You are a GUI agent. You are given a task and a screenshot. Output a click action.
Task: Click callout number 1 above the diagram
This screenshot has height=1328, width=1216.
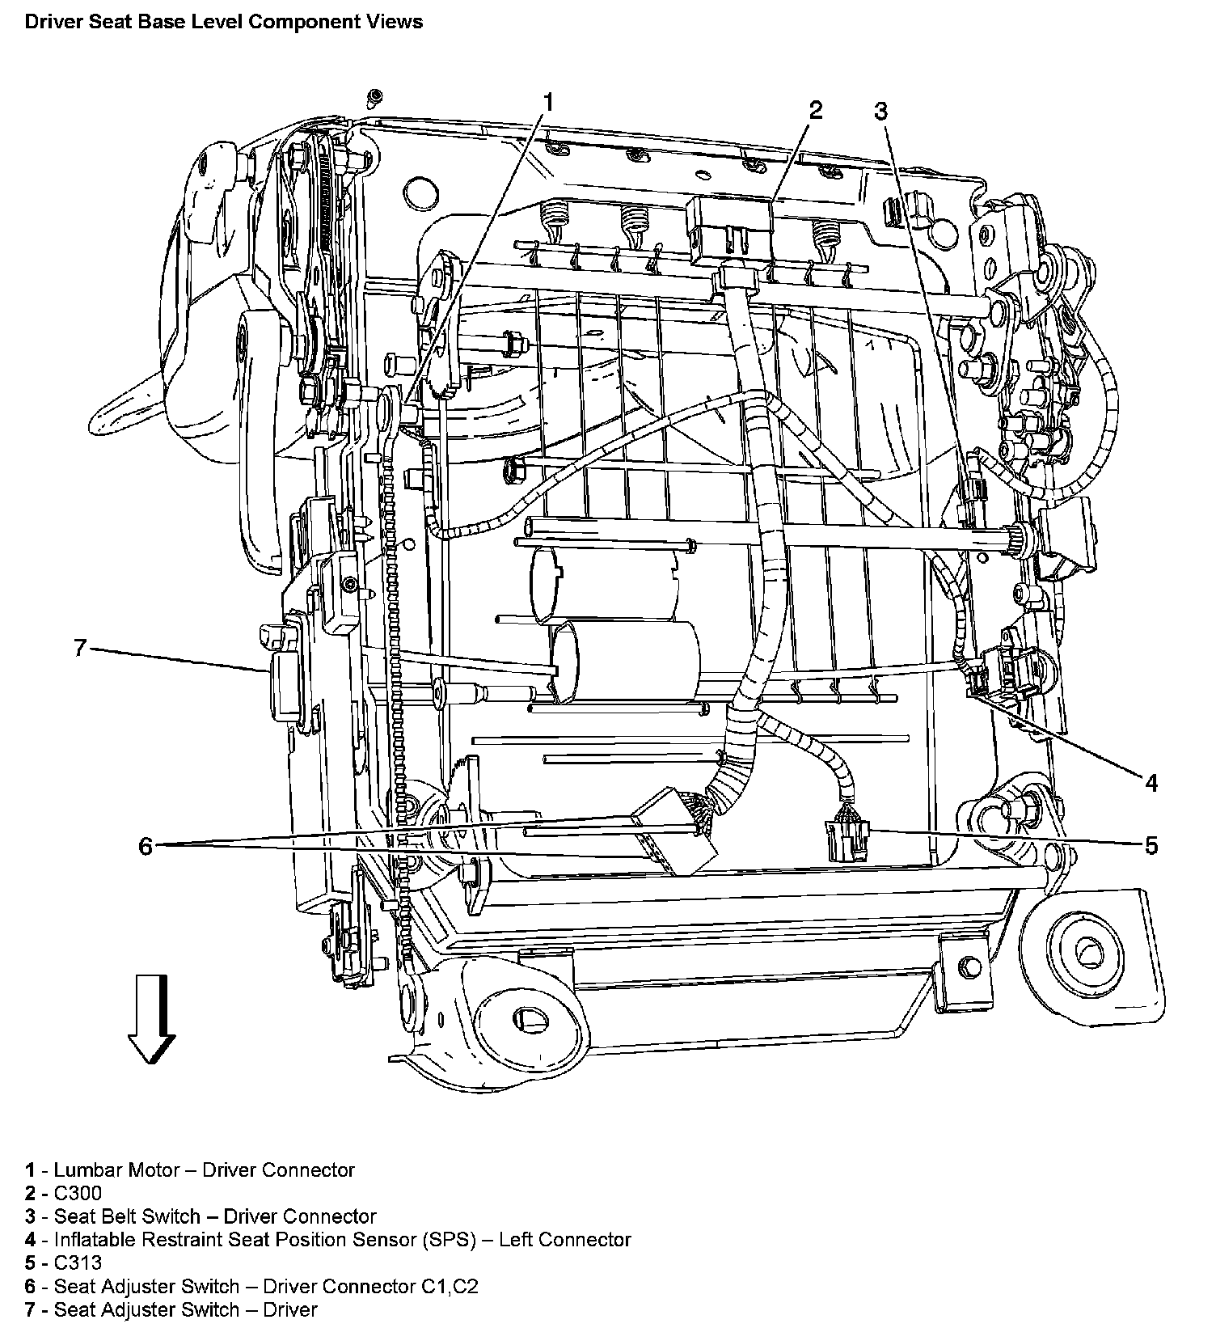pos(548,103)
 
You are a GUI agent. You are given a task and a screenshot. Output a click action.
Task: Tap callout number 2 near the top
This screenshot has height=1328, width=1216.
pos(815,110)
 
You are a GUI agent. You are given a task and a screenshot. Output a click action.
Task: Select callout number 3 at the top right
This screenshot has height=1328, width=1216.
pos(880,111)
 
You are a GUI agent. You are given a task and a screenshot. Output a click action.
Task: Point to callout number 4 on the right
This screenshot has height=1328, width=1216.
pos(1151,782)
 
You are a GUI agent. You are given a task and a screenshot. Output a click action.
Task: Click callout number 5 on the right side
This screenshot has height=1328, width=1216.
pos(1151,845)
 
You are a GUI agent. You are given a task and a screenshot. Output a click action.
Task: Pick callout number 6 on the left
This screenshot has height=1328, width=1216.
pos(146,846)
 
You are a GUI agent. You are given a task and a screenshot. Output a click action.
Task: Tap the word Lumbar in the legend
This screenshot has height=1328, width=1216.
pos(85,1170)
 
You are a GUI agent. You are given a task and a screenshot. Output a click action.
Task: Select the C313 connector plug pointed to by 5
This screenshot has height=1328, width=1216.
pos(846,839)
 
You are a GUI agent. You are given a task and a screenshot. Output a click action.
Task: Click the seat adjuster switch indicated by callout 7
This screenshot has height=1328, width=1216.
pos(283,683)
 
